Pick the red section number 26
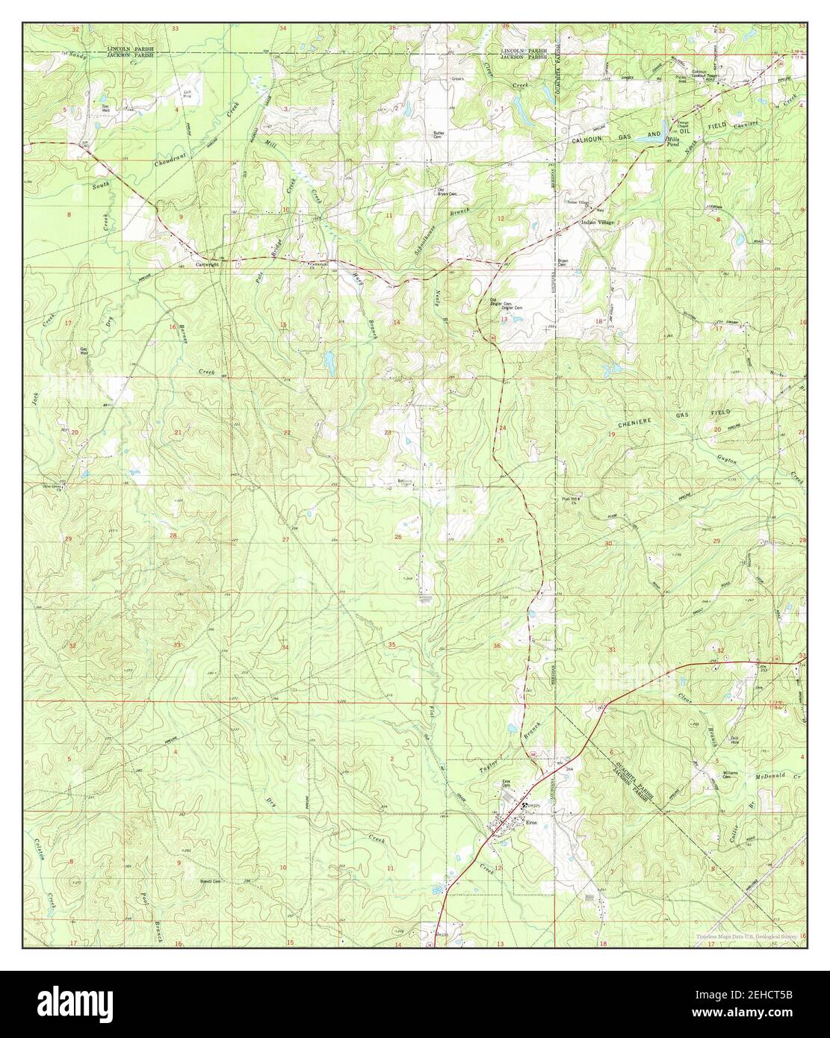(x=398, y=537)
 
